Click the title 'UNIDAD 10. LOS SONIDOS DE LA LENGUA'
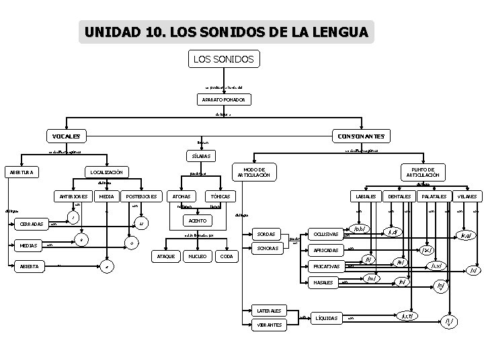(x=227, y=32)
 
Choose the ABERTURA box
(x=22, y=173)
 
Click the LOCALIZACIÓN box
(x=107, y=173)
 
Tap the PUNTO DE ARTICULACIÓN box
(x=422, y=173)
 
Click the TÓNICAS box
(x=220, y=196)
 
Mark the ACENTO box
(x=198, y=220)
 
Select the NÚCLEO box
(x=198, y=256)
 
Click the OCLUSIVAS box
(x=326, y=235)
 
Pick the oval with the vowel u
(x=140, y=223)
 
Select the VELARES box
(x=467, y=196)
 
